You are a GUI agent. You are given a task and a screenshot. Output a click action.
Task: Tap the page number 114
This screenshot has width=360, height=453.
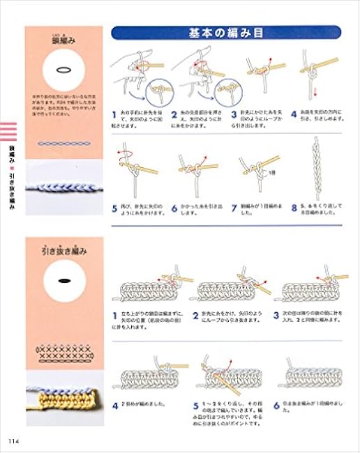coord(14,437)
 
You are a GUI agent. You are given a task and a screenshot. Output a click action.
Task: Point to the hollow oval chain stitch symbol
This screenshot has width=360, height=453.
coord(62,70)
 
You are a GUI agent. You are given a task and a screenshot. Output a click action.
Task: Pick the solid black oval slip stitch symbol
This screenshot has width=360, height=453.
coord(62,279)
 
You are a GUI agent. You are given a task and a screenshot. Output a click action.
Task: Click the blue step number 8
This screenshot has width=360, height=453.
coord(296,207)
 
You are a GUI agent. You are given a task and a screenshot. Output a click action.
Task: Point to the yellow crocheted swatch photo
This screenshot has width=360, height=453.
coord(62,403)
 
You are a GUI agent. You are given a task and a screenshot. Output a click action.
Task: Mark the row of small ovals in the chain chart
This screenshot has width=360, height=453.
coord(62,143)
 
